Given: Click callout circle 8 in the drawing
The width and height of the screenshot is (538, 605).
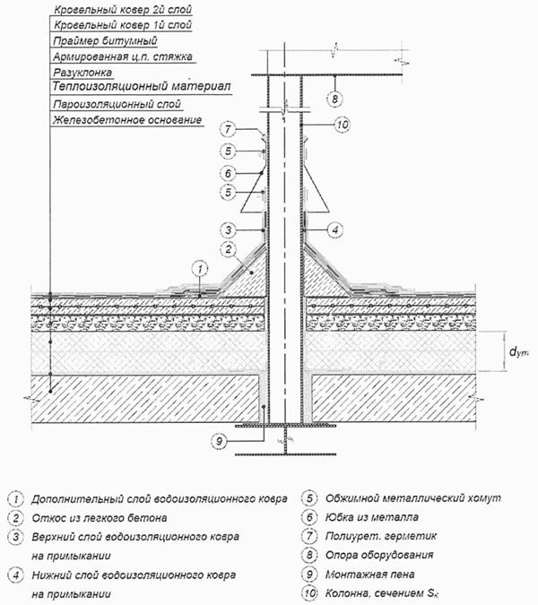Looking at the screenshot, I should [332, 97].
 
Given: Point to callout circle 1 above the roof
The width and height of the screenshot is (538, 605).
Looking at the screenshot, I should [202, 267].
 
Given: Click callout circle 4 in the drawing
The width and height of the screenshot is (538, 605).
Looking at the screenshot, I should [332, 229].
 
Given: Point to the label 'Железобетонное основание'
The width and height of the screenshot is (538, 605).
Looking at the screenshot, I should [126, 120].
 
